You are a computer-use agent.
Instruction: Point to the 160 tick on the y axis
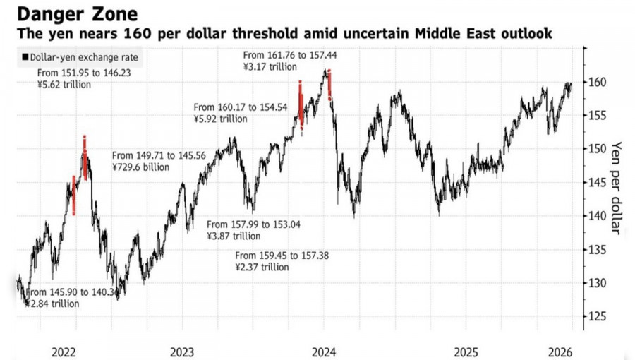coord(598,82)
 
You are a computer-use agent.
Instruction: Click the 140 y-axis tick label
coord(598,216)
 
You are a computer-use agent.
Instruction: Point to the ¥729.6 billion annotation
coord(141,167)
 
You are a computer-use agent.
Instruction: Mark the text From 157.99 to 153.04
coord(253,224)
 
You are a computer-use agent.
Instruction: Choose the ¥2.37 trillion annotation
coord(262,268)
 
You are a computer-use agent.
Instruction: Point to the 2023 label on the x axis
coord(182,351)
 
